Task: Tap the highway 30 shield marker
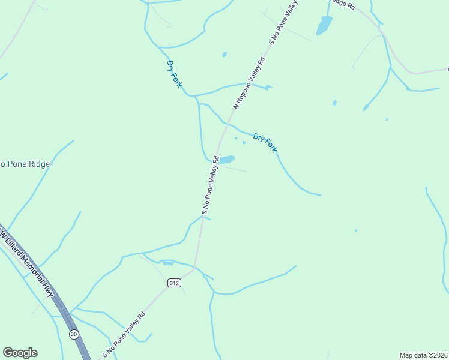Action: [73, 334]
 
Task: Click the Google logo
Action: [20, 353]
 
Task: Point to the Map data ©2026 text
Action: [424, 355]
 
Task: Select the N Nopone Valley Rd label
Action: [249, 83]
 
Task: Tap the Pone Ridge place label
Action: [25, 164]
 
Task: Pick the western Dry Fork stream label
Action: [174, 74]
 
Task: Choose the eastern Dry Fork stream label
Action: [265, 143]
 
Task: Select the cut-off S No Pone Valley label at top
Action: [284, 23]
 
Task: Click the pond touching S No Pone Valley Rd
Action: [226, 160]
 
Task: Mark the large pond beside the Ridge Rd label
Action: [324, 25]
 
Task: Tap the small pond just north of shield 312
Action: [168, 262]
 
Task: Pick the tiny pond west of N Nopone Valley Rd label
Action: [224, 55]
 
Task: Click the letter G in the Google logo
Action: [8, 353]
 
